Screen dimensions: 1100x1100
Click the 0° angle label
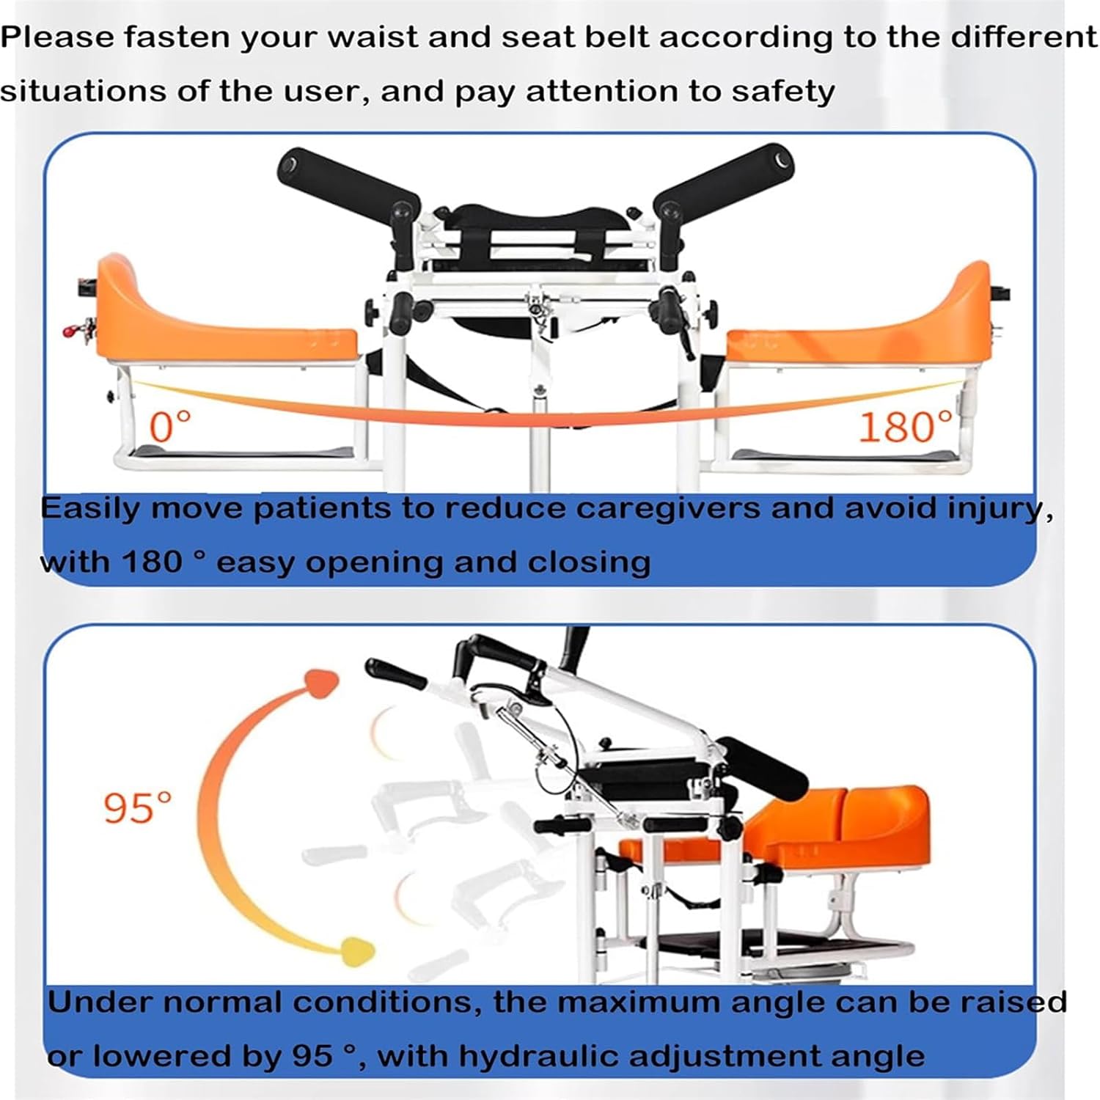click(171, 426)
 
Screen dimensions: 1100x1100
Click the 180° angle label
click(906, 426)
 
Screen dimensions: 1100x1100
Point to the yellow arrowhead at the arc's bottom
click(355, 951)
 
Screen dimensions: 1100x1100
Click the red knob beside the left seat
click(73, 331)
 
